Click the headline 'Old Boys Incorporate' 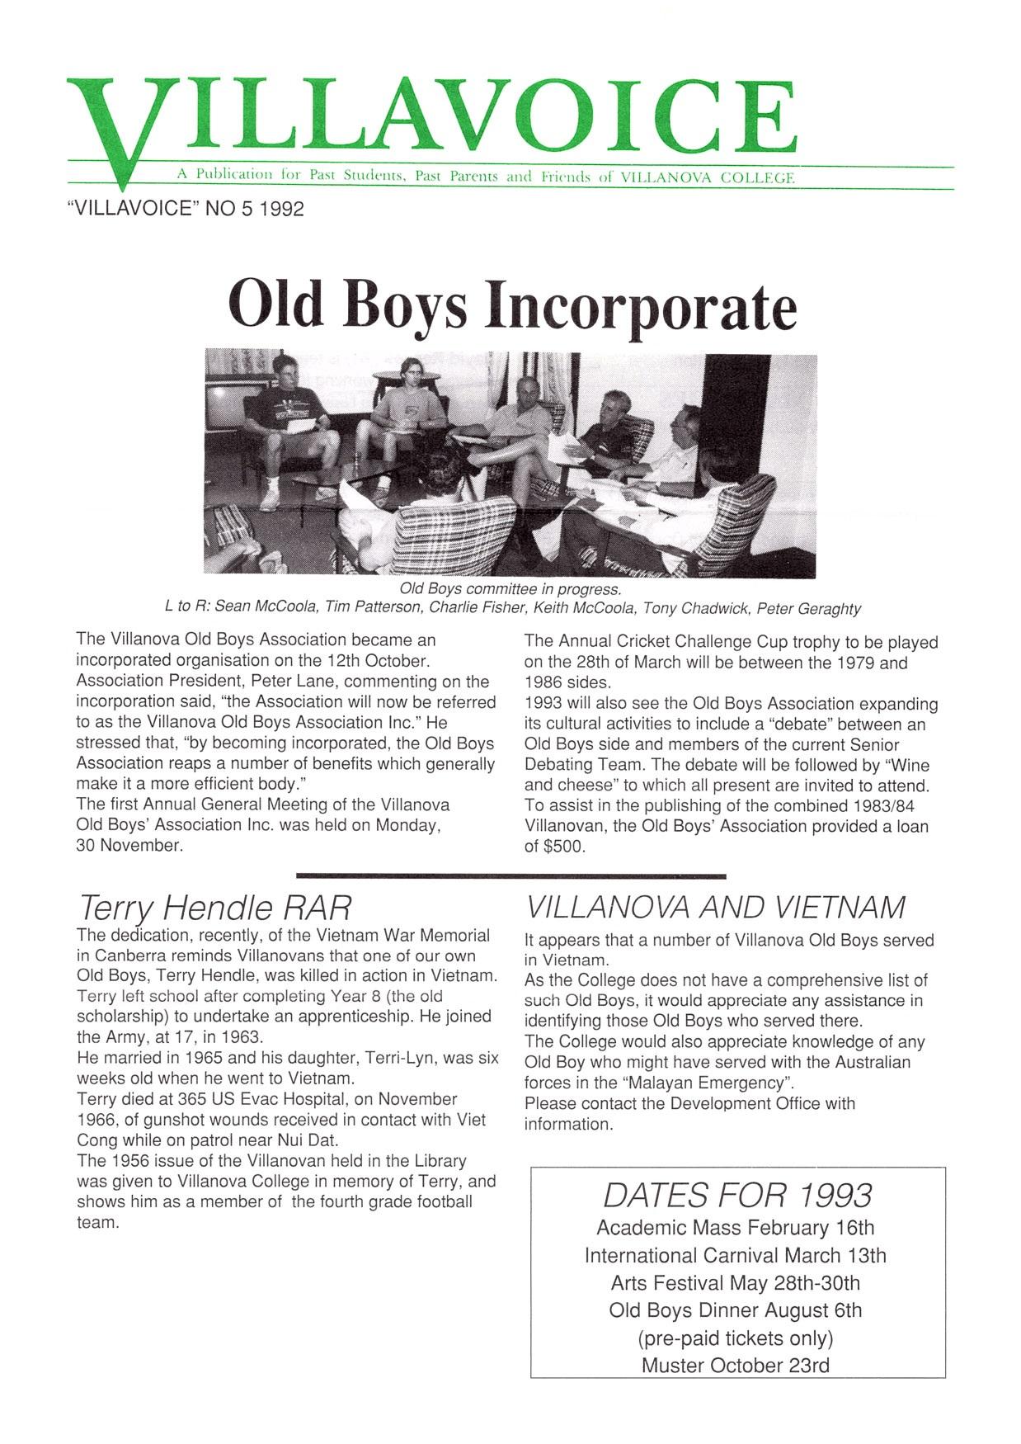click(512, 307)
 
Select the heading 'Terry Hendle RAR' click(214, 908)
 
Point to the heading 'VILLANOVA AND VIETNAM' click(715, 908)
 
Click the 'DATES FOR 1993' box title click(736, 1195)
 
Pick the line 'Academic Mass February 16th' click(735, 1228)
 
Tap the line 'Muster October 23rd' click(735, 1365)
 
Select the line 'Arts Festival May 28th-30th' click(735, 1283)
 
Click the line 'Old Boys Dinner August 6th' click(735, 1310)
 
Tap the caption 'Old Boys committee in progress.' click(510, 589)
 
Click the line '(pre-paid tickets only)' click(735, 1338)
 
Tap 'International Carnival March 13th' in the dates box click(735, 1256)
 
